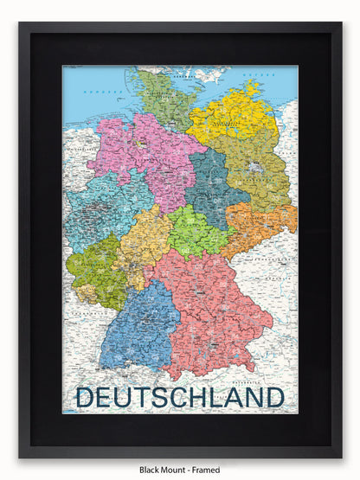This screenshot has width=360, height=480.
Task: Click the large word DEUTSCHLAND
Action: click(x=180, y=398)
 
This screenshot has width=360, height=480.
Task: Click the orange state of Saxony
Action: click(x=255, y=227)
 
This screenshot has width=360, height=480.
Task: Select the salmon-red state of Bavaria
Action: click(x=216, y=316)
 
